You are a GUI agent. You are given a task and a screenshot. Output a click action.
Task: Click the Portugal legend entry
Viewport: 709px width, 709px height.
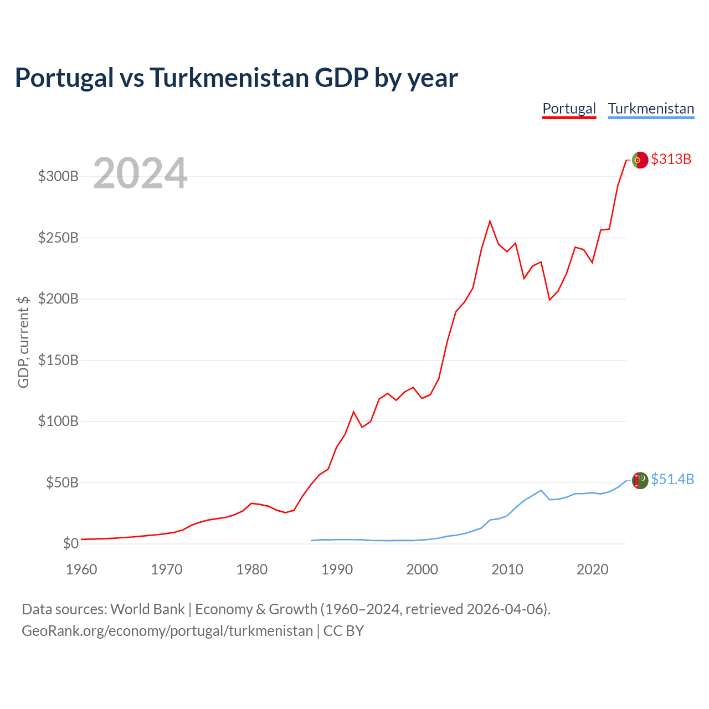[569, 109]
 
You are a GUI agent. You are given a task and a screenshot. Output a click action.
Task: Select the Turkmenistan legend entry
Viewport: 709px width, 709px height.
[651, 109]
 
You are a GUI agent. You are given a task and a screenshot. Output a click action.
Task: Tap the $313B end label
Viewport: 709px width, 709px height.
[671, 159]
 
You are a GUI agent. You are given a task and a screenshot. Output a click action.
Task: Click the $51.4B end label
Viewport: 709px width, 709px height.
[672, 479]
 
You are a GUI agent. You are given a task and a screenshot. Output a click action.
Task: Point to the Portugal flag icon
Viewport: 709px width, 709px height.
[640, 160]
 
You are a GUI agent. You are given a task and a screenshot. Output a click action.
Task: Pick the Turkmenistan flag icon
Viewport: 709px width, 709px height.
[640, 480]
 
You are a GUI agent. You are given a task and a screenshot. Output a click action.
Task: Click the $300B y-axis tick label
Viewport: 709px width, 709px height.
[58, 176]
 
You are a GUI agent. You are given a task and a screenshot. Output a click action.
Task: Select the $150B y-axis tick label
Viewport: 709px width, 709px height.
[58, 360]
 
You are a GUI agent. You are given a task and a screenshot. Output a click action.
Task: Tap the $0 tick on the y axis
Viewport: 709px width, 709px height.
[71, 543]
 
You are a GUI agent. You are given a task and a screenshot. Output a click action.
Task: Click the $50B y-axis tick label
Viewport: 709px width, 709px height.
[62, 482]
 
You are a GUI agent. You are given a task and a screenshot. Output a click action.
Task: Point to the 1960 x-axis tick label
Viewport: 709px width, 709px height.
[81, 569]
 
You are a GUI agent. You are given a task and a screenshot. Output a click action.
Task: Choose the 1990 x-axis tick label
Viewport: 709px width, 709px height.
[337, 569]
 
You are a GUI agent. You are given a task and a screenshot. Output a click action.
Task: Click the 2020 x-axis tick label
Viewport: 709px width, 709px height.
[592, 569]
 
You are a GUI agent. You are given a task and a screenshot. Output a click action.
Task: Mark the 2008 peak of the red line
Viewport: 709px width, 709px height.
[490, 221]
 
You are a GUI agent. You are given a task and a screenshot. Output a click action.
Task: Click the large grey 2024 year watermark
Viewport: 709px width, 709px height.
[140, 173]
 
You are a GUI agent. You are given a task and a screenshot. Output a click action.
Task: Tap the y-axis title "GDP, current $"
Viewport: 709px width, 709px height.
[23, 342]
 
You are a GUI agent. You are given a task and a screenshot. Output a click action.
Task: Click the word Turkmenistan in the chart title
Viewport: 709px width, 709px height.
[229, 78]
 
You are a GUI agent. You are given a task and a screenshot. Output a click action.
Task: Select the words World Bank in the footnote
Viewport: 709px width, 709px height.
[147, 609]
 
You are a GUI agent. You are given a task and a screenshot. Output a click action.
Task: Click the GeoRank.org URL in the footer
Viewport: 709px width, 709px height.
[167, 631]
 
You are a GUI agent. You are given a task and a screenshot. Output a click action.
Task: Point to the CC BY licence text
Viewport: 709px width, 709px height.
[343, 631]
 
